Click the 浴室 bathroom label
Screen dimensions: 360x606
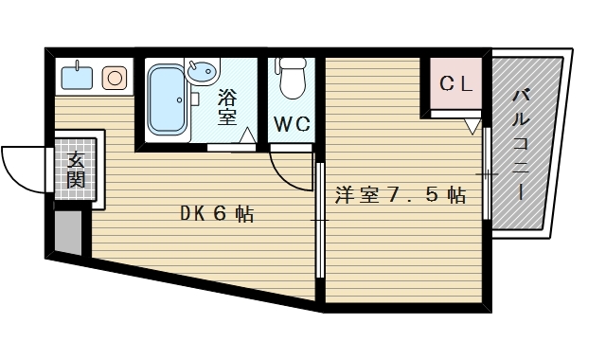tap(227, 106)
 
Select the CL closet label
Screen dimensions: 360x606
tap(456, 83)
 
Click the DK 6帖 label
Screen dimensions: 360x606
tap(217, 214)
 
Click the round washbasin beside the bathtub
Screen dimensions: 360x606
tap(202, 71)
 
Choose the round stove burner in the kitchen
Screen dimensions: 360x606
tap(115, 78)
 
